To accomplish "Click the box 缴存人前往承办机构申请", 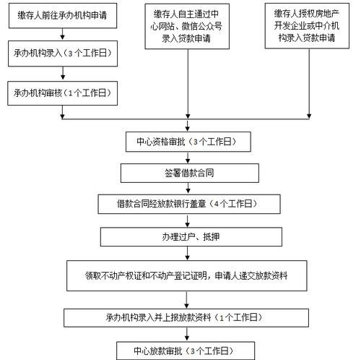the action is pyautogui.click(x=63, y=16).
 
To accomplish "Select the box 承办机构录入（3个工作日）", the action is pyautogui.click(x=63, y=53).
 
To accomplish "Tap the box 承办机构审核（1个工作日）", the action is pyautogui.click(x=63, y=93).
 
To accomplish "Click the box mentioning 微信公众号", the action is pyautogui.click(x=187, y=26).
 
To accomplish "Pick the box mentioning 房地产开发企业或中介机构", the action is pyautogui.click(x=307, y=26).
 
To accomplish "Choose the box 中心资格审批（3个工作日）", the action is pyautogui.click(x=188, y=142).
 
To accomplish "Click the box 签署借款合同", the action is pyautogui.click(x=190, y=173).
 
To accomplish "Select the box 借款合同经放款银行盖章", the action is pyautogui.click(x=189, y=204).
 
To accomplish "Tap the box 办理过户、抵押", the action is pyautogui.click(x=191, y=237).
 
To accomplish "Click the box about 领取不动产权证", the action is pyautogui.click(x=187, y=275).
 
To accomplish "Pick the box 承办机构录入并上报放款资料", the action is pyautogui.click(x=186, y=318).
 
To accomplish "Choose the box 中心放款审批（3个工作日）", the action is pyautogui.click(x=186, y=351).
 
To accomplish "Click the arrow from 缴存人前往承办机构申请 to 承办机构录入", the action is pyautogui.click(x=63, y=34).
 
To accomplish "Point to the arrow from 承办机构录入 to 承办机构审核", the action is pyautogui.click(x=63, y=73).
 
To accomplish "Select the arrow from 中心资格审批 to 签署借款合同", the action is pyautogui.click(x=188, y=158).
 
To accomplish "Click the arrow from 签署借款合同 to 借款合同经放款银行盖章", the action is pyautogui.click(x=188, y=188).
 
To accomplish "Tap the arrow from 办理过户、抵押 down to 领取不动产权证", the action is pyautogui.click(x=188, y=253).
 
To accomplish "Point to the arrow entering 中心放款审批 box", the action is pyautogui.click(x=187, y=334).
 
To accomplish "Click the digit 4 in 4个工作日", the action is pyautogui.click(x=216, y=204).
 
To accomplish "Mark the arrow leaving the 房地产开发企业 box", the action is pyautogui.click(x=309, y=84).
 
